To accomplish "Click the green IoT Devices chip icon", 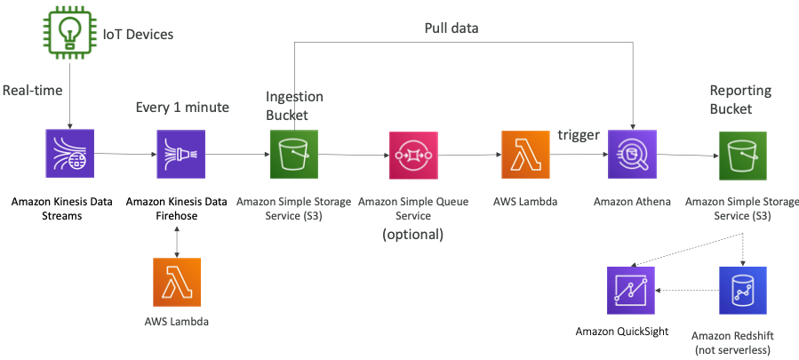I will (x=68, y=32).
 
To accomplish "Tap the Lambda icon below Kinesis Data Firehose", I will (x=177, y=283).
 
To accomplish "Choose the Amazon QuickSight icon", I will (x=632, y=291).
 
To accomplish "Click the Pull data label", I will (x=451, y=28).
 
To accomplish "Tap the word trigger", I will (x=579, y=134).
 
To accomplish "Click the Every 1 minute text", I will (x=182, y=108).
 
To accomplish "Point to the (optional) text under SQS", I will (x=412, y=235).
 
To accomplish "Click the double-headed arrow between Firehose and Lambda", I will (x=180, y=238).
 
